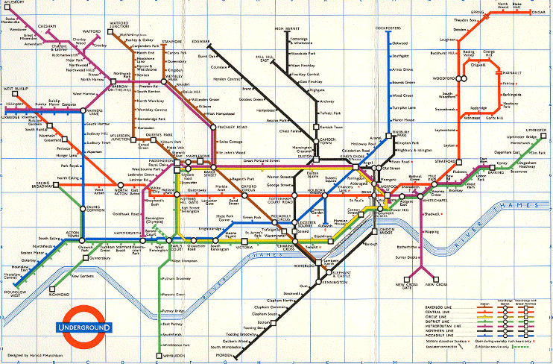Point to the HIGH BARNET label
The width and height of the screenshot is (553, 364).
286,29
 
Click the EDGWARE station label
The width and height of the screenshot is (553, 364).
201,40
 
